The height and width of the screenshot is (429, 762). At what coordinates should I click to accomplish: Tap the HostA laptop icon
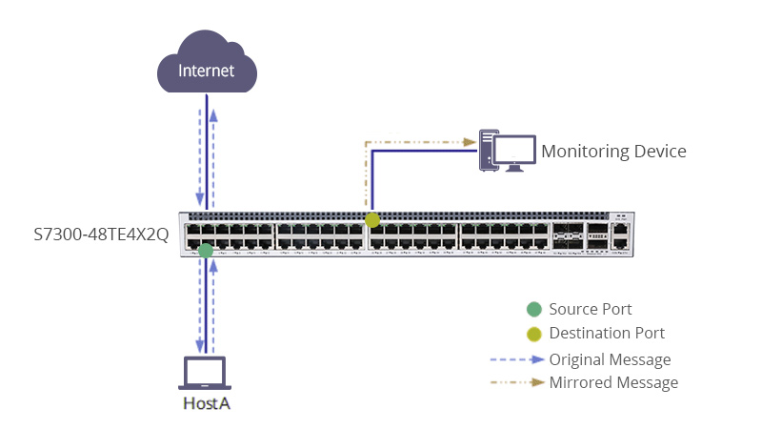point(204,373)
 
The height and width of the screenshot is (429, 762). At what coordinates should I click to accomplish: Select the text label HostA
point(207,404)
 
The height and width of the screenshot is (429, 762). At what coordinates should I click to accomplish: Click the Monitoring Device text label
point(613,151)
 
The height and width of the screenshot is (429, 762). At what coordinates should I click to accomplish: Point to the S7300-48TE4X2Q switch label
point(101,235)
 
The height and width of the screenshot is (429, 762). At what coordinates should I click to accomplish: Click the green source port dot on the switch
point(206,251)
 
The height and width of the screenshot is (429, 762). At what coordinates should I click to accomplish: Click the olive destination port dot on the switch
point(372,220)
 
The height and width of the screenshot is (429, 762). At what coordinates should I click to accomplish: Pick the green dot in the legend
point(534,309)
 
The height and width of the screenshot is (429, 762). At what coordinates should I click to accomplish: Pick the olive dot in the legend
point(534,334)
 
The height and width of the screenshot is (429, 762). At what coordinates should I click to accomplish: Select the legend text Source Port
point(591,309)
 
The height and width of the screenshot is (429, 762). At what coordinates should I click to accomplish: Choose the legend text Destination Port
point(607,334)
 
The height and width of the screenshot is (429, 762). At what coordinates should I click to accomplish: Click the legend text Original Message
point(610,359)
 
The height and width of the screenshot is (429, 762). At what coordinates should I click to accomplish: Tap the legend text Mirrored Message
point(613,383)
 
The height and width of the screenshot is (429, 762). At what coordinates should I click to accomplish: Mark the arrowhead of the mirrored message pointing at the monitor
point(470,142)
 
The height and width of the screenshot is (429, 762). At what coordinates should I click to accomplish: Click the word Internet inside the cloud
point(208,71)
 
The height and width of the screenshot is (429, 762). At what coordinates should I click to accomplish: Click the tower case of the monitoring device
point(488,150)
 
